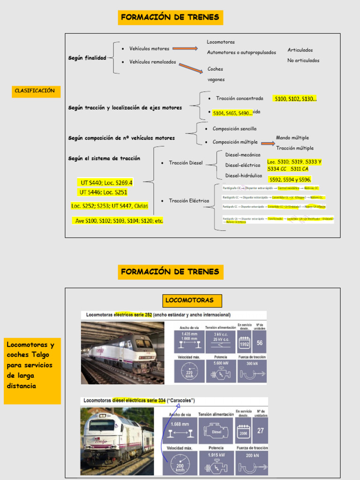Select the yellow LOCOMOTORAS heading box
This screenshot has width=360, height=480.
(x=189, y=300)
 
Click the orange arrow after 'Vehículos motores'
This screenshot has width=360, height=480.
(x=185, y=49)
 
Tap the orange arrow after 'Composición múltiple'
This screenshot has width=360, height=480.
(x=268, y=143)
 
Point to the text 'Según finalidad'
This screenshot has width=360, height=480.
(x=87, y=58)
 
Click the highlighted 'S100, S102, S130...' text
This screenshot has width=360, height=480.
(x=295, y=99)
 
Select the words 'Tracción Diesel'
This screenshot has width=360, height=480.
(x=186, y=163)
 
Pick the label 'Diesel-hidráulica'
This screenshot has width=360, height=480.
(x=244, y=176)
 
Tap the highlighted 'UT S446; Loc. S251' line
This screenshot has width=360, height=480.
(x=103, y=192)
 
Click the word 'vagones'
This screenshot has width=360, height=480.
(x=216, y=80)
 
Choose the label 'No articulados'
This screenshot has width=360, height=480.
(x=303, y=60)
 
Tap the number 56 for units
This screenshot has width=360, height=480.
(x=259, y=343)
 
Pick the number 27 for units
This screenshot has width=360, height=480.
(x=261, y=431)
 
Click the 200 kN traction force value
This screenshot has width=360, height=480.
(x=252, y=455)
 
